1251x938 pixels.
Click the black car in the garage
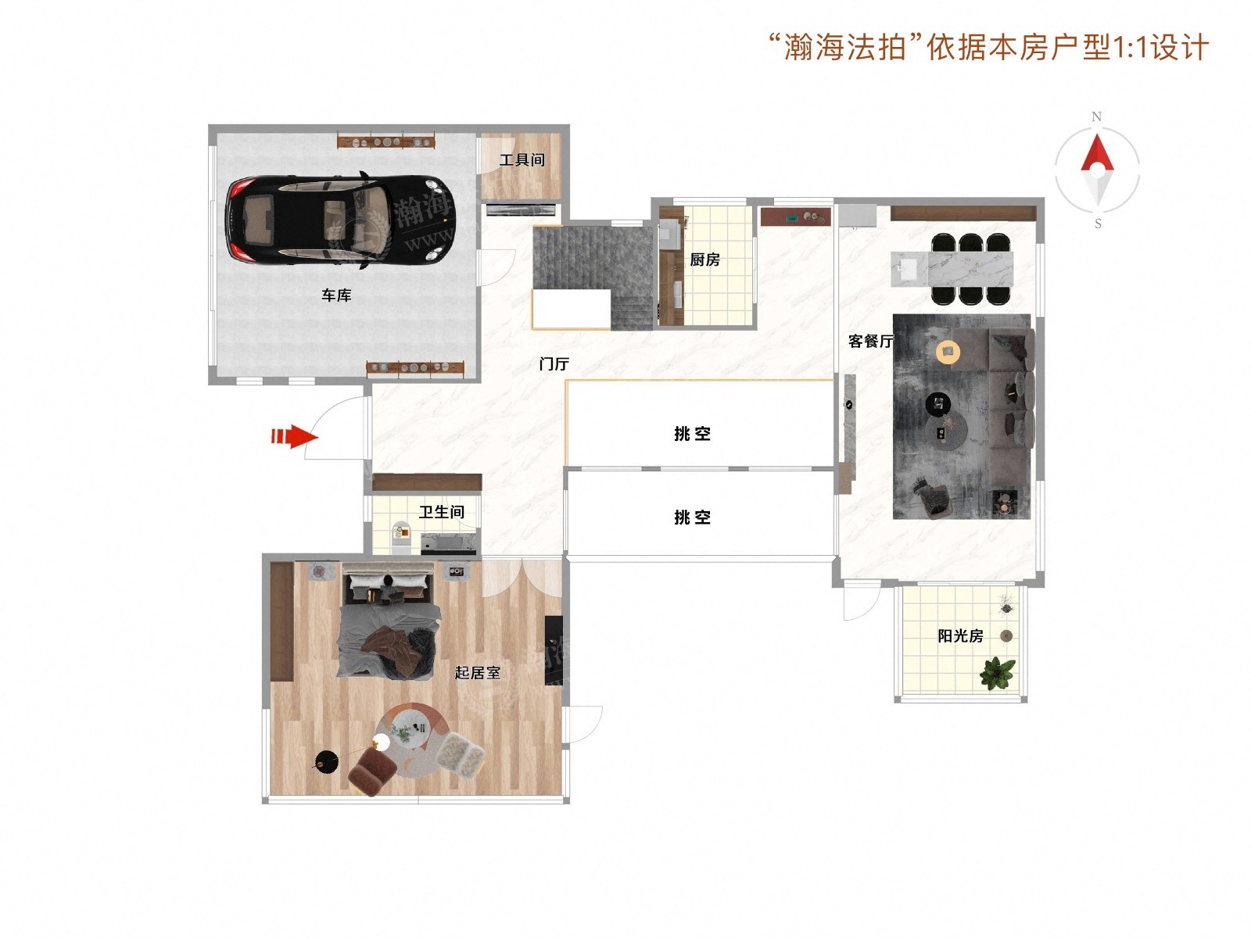(339, 219)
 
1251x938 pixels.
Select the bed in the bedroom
(389, 620)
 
